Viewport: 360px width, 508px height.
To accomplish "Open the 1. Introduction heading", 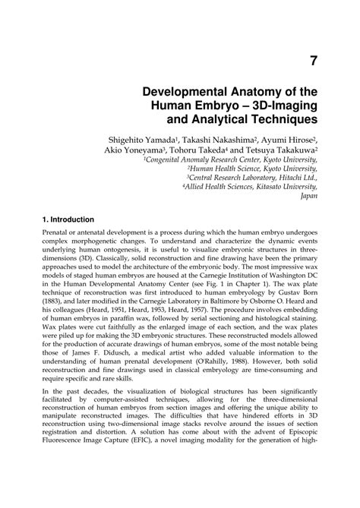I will point(78,219).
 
